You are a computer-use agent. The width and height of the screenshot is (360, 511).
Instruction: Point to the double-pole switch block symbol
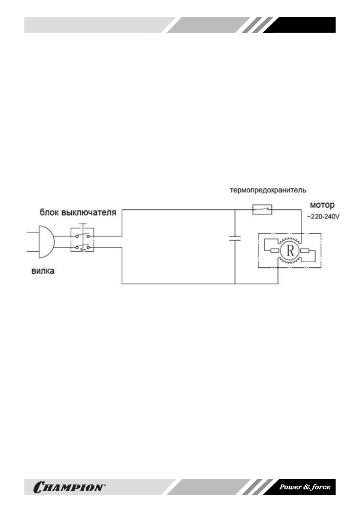click(82, 242)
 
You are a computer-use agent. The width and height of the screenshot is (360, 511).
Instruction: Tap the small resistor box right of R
click(306, 251)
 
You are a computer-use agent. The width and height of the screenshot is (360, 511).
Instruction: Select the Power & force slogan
click(305, 487)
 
